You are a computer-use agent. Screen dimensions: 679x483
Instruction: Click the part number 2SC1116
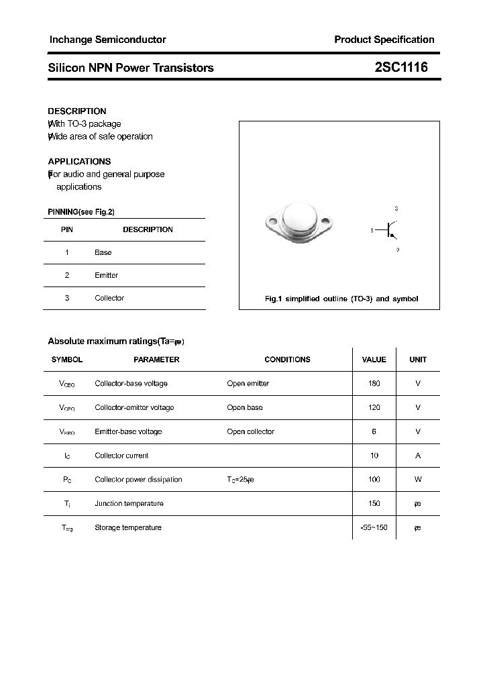[x=401, y=67]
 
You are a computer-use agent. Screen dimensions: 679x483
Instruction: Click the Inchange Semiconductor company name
[x=107, y=40]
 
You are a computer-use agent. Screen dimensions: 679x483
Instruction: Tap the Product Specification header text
[x=384, y=40]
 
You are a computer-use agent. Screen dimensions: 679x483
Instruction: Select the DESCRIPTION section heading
[x=77, y=111]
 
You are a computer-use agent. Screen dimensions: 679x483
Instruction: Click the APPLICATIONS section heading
[x=79, y=162]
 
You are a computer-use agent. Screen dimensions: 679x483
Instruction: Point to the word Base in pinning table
[x=103, y=252]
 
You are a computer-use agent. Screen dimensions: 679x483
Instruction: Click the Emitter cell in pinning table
[x=106, y=275]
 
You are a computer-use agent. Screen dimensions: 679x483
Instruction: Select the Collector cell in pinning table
[x=109, y=298]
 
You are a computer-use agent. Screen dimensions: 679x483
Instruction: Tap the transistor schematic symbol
[x=389, y=229]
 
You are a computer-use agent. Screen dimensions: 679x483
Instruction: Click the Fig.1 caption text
[x=341, y=299]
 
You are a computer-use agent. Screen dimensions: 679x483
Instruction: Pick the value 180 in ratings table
[x=374, y=384]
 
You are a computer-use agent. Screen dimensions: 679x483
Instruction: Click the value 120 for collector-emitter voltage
[x=374, y=407]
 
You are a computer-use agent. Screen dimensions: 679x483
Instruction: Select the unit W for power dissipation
[x=417, y=480]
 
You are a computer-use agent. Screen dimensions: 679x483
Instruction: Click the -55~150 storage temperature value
[x=374, y=527]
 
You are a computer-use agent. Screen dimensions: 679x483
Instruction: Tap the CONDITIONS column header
[x=287, y=360]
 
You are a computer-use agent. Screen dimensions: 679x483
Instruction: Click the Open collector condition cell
[x=250, y=431]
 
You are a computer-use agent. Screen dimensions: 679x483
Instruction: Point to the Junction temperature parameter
[x=129, y=503]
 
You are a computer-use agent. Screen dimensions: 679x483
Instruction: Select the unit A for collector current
[x=417, y=456]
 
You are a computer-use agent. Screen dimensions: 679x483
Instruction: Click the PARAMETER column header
[x=156, y=360]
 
